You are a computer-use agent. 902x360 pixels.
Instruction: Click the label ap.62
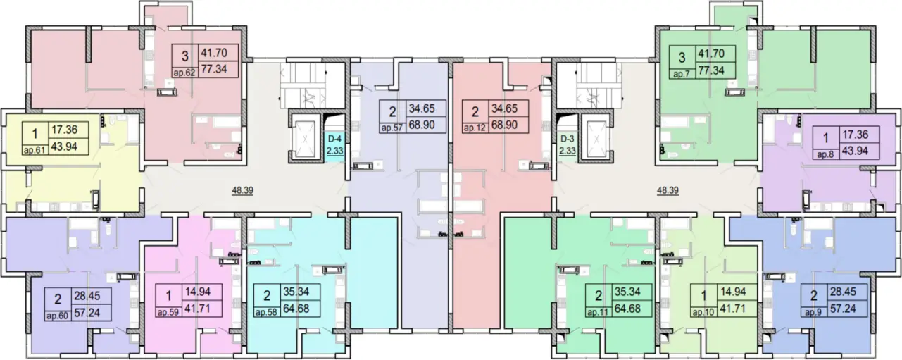[x=184, y=73]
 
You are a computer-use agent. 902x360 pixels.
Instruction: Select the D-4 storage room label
[x=334, y=139]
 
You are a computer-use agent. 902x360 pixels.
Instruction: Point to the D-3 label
[x=567, y=139]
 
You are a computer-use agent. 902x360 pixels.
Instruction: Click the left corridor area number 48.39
[x=242, y=190]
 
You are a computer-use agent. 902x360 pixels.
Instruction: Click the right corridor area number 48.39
[x=668, y=190]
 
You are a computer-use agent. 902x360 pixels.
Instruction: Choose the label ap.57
[x=392, y=128]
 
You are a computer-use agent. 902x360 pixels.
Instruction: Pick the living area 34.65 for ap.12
[x=504, y=108]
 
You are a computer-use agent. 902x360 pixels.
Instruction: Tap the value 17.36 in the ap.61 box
[x=64, y=130]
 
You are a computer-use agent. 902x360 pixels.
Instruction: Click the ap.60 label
[x=58, y=316]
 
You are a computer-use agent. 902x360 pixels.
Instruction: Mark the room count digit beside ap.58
[x=267, y=296]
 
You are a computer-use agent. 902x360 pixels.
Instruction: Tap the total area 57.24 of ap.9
[x=843, y=309]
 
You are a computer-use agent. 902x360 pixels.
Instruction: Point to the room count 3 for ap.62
[x=184, y=56]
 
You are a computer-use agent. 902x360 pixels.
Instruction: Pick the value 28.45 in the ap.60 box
[x=87, y=296]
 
